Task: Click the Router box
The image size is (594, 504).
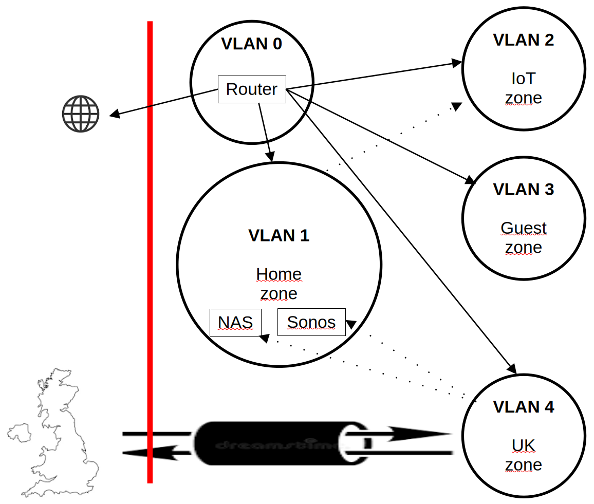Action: [x=252, y=89]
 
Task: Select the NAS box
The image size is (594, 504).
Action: [x=235, y=322]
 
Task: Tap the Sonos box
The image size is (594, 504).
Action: [x=311, y=322]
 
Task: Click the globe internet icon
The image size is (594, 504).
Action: [x=81, y=114]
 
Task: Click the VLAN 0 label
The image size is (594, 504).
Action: [x=252, y=44]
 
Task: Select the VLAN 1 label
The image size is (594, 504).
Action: [x=279, y=235]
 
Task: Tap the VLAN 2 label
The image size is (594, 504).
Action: [x=524, y=40]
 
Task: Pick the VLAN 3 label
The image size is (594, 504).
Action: [x=524, y=190]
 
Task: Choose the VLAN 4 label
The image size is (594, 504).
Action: [x=524, y=407]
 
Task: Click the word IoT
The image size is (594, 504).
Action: [x=524, y=79]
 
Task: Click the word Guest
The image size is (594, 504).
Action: [x=524, y=228]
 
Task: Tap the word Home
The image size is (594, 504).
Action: [x=279, y=274]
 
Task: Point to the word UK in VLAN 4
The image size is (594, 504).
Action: [x=524, y=445]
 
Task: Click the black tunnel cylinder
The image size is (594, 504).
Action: [x=272, y=443]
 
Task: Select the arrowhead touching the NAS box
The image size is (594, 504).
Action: [x=264, y=338]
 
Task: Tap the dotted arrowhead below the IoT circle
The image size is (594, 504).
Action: [x=456, y=106]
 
